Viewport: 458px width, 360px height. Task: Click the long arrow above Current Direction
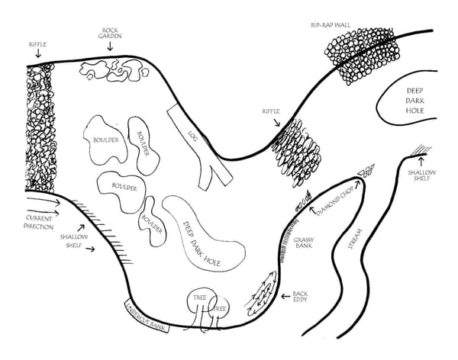(34, 204)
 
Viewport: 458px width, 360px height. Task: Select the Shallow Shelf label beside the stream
(422, 177)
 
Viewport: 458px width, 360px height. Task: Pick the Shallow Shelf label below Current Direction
(75, 240)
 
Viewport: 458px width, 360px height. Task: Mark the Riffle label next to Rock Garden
(37, 45)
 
